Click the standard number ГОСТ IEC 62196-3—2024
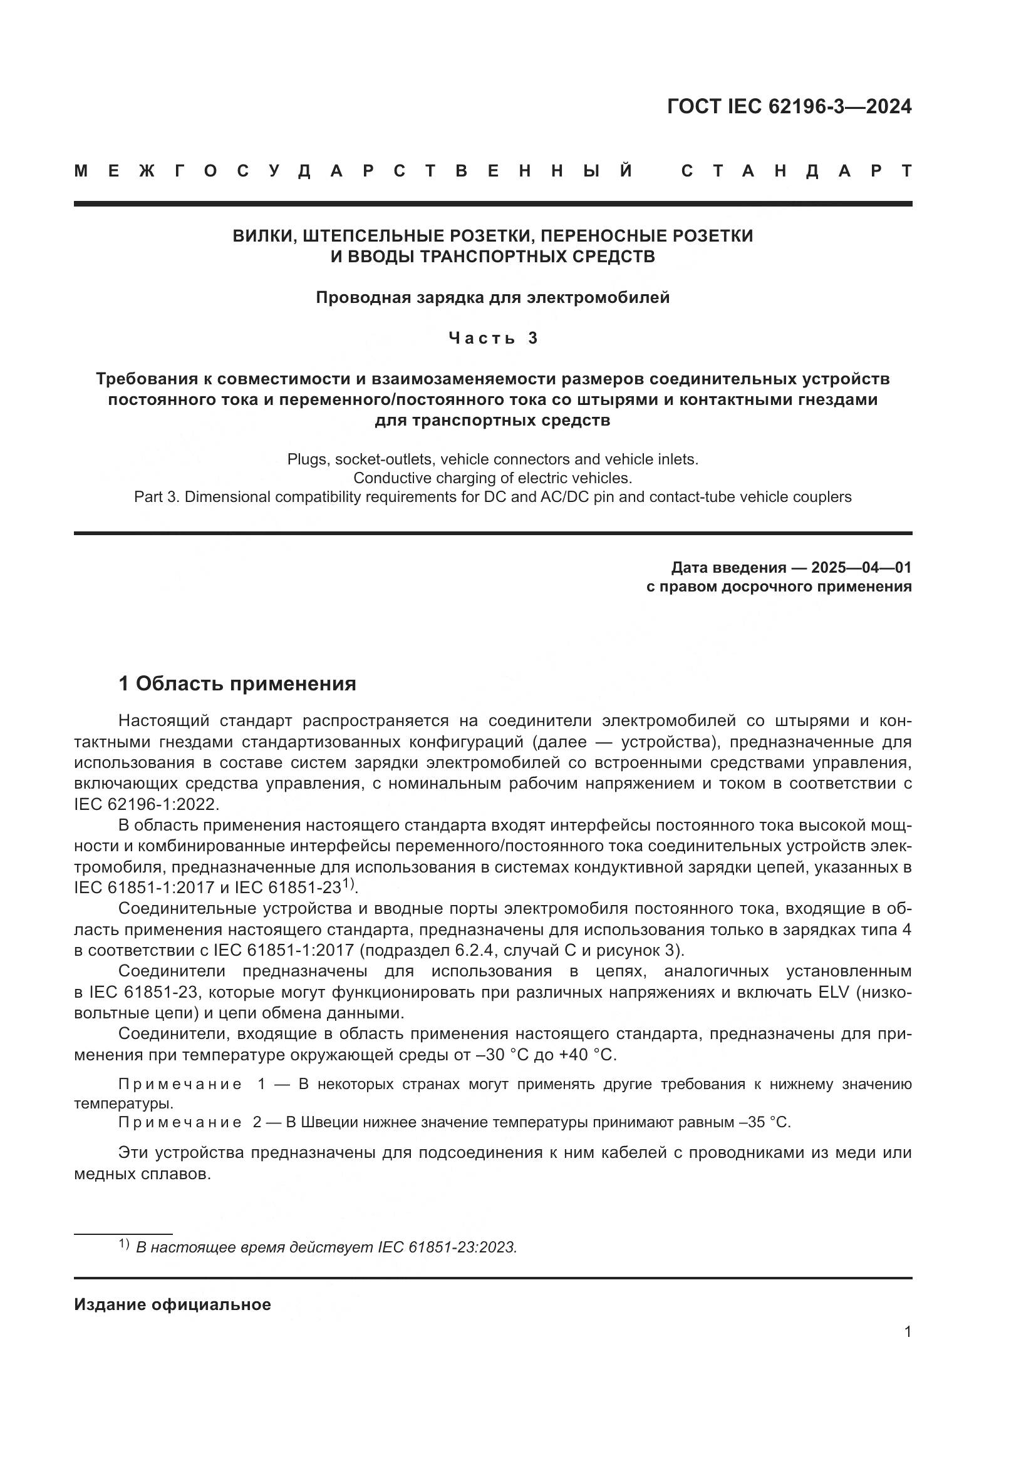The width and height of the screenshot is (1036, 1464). [789, 106]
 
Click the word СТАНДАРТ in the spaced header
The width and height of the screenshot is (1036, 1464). [796, 171]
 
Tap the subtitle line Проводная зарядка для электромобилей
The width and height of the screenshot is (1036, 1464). [492, 298]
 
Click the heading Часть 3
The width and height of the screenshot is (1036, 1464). [492, 338]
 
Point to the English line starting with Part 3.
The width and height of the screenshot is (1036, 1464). [492, 497]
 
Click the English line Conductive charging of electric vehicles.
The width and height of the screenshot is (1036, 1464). [492, 478]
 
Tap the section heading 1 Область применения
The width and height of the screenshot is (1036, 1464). [237, 684]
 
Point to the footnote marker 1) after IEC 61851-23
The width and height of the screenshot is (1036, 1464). [348, 883]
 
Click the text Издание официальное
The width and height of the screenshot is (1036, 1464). [172, 1304]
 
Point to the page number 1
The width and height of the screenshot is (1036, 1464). [907, 1332]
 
